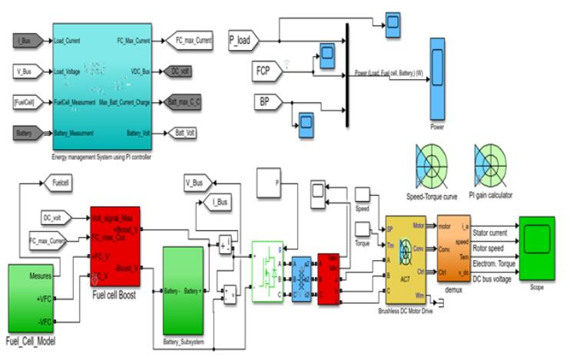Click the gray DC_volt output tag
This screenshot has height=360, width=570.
tap(184, 71)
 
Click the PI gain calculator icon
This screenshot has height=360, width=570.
tap(490, 163)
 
